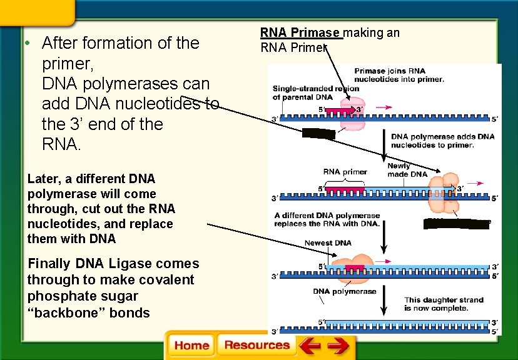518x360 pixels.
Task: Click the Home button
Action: [x=191, y=346]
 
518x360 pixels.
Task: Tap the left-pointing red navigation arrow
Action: [x=310, y=345]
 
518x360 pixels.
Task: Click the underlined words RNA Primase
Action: [x=300, y=32]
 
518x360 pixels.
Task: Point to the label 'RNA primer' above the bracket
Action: [x=345, y=171]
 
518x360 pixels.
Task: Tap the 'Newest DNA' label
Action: [x=328, y=242]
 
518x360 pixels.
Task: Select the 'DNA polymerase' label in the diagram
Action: [x=345, y=291]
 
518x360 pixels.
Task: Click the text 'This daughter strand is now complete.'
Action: [x=435, y=304]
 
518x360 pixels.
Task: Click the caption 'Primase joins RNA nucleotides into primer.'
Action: [x=399, y=75]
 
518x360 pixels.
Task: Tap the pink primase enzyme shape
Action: [x=348, y=111]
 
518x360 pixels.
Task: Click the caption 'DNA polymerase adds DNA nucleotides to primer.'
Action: [x=442, y=141]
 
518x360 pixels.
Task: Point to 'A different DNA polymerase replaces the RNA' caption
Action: [x=327, y=219]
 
